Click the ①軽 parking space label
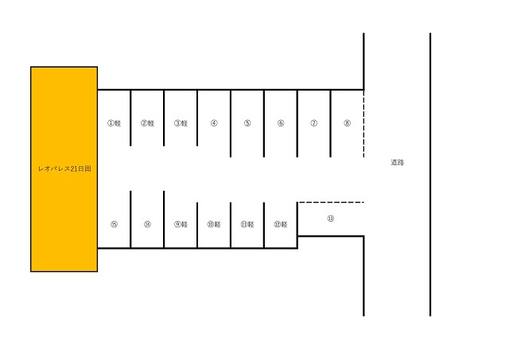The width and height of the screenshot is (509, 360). [x=115, y=123]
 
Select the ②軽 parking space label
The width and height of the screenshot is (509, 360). [x=148, y=123]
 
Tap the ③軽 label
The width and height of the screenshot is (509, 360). [x=181, y=123]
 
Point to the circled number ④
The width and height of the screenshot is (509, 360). [x=214, y=123]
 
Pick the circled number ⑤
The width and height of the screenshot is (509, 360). [x=247, y=123]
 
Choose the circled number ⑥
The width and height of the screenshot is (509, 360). [x=281, y=123]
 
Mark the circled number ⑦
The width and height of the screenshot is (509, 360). [x=314, y=123]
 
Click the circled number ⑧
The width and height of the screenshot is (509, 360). [x=348, y=123]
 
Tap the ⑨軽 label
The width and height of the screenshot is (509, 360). [x=181, y=224]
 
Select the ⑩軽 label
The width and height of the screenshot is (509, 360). [x=214, y=224]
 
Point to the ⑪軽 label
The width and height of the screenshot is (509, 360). [x=247, y=224]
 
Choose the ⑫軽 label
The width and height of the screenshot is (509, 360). [x=281, y=224]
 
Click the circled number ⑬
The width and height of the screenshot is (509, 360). [x=331, y=219]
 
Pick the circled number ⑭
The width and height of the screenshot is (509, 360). [x=148, y=224]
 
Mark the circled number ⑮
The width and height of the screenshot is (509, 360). [x=115, y=224]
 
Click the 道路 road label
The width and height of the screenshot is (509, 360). [x=398, y=162]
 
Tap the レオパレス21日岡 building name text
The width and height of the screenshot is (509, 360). [x=64, y=168]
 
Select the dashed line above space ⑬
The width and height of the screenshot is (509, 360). [x=331, y=203]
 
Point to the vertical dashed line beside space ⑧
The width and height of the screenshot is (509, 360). [x=363, y=123]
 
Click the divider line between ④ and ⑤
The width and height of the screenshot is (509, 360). [x=231, y=123]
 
